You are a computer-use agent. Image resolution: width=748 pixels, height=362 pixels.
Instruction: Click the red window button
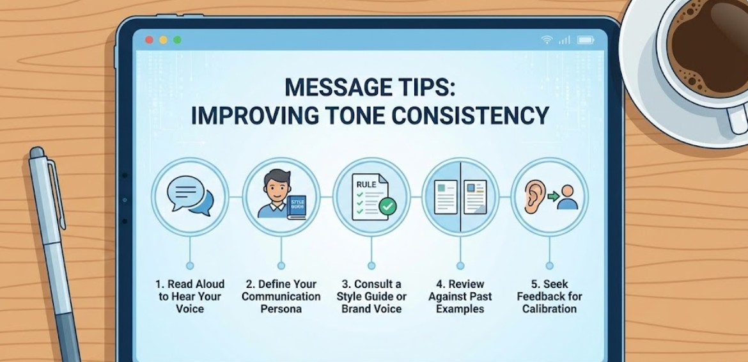[149, 40]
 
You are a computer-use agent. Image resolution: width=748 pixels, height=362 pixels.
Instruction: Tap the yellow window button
[163, 40]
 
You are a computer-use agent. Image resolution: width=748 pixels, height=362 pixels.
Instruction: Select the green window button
[177, 40]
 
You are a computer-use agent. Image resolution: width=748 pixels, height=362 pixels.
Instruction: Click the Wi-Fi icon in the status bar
[547, 40]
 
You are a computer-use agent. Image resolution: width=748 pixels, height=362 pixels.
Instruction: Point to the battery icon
[586, 40]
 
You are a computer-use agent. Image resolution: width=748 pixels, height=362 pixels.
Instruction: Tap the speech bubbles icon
[189, 196]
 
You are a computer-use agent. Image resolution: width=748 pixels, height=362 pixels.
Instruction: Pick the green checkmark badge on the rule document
[387, 207]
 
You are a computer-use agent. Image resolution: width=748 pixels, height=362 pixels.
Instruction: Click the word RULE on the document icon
[366, 184]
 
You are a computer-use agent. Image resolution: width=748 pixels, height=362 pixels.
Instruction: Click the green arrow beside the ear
[553, 194]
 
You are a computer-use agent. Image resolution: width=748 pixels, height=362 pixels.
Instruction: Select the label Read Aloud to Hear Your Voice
[189, 296]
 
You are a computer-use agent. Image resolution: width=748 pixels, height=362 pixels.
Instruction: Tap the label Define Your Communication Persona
[281, 296]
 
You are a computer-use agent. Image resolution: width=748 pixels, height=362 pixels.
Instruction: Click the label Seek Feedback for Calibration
[549, 296]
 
